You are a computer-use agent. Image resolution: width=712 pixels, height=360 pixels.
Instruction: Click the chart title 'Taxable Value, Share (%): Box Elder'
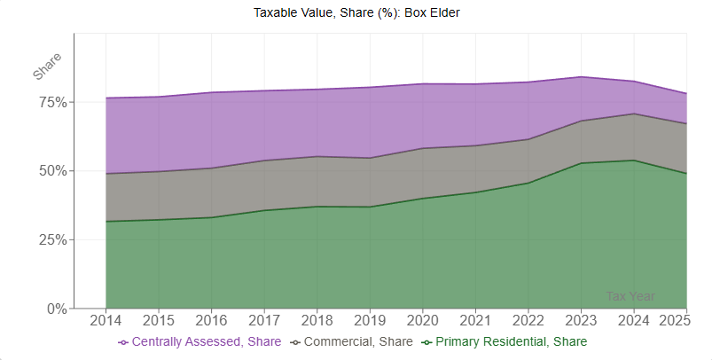(x=356, y=12)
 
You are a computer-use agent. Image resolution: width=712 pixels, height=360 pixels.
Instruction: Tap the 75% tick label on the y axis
(x=51, y=102)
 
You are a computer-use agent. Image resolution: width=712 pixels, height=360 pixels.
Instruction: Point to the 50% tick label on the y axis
(x=51, y=170)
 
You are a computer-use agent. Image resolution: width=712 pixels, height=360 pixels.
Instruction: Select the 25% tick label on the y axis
(x=51, y=239)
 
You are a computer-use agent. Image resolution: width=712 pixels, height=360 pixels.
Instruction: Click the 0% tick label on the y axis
(x=56, y=309)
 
